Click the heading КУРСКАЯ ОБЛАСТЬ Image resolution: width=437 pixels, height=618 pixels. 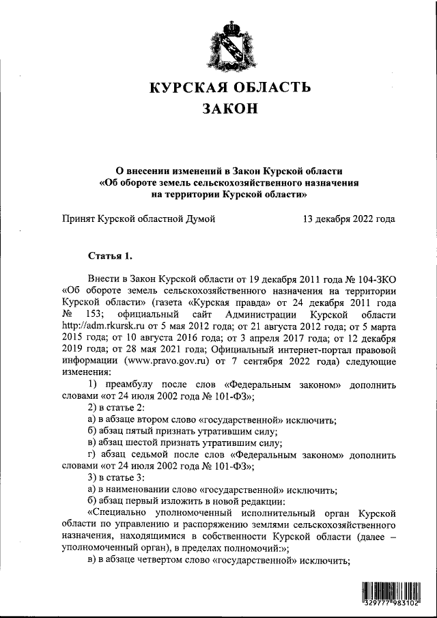pos(230,87)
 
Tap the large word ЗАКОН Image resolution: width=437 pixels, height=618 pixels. pos(230,109)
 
